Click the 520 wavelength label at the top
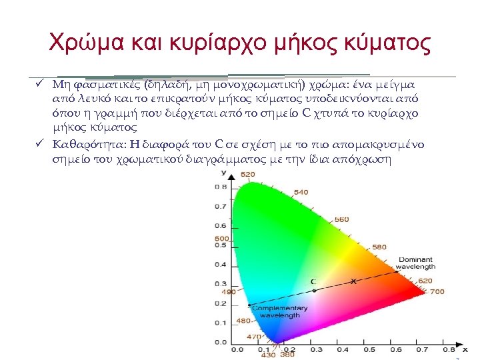[247, 175]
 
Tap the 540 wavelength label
[301, 192]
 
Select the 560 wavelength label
[341, 219]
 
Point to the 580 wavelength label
[379, 247]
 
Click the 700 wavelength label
[437, 291]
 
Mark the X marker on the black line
[354, 282]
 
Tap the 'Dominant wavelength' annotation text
[415, 263]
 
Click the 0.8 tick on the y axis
[220, 187]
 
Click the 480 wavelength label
[244, 321]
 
